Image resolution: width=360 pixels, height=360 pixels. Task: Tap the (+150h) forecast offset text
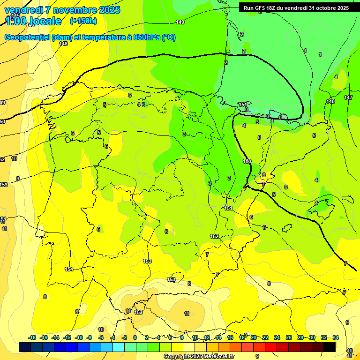pos(83,21)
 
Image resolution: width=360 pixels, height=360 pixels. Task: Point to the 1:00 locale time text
pos(33,21)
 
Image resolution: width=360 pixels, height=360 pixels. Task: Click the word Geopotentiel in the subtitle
pos(28,37)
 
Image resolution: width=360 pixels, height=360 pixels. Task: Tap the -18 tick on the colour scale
pos(32,337)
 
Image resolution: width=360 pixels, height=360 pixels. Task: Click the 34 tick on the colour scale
pos(336,337)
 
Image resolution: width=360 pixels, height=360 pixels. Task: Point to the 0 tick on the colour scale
pos(135,337)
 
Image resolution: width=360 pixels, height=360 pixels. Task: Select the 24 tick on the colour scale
pos(277,337)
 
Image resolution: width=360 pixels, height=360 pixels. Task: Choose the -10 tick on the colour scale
pos(79,337)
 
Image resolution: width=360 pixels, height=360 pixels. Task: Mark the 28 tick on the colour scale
pos(300,337)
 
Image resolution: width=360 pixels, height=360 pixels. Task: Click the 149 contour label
pos(180,22)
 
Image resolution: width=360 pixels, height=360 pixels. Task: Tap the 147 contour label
pos(348,97)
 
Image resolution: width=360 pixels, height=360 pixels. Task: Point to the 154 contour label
pos(69,269)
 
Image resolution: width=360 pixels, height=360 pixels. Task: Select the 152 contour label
pos(214,236)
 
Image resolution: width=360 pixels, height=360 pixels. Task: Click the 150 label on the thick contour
pos(247,161)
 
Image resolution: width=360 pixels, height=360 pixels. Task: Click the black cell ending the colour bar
pos(330,347)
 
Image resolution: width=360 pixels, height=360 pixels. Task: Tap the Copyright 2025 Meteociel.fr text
pos(199,357)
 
